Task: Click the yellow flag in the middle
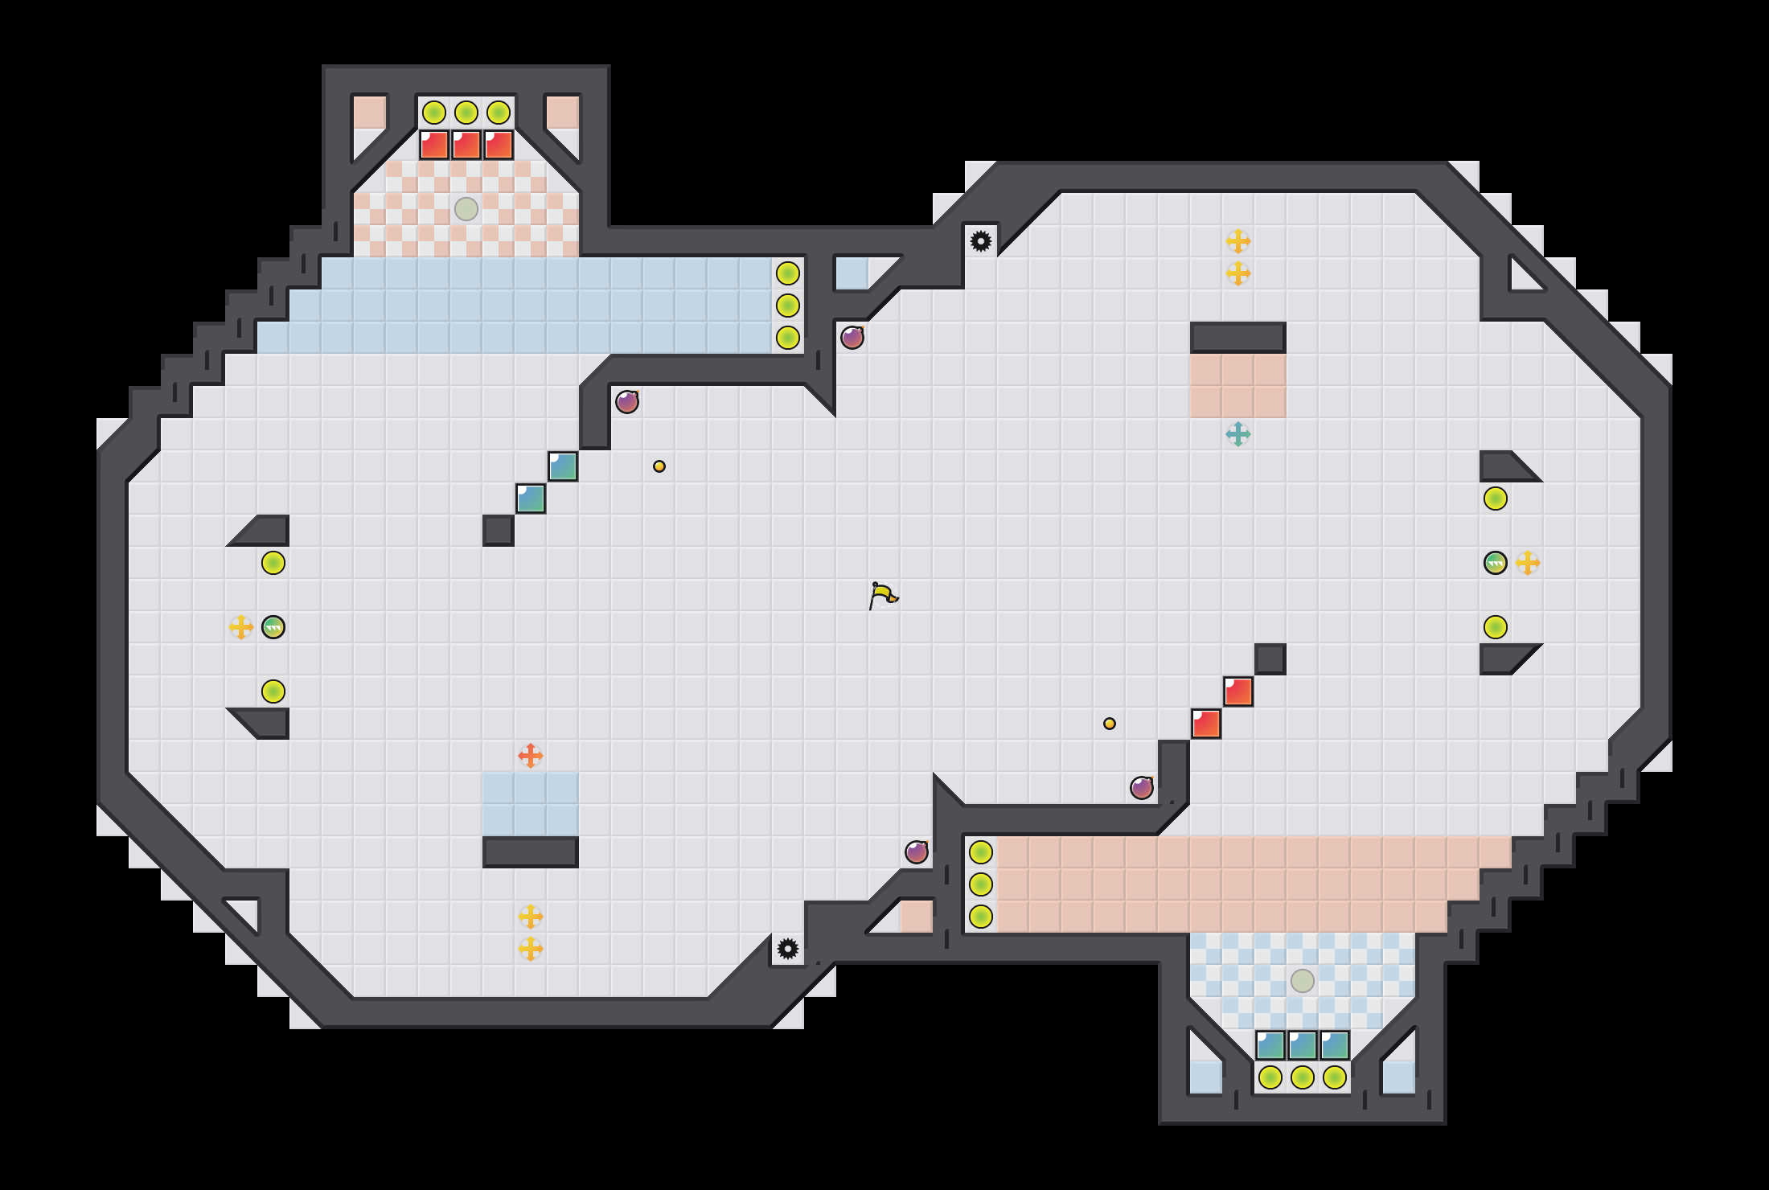tap(882, 596)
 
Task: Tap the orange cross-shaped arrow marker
tap(531, 756)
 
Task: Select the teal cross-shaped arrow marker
tap(1238, 434)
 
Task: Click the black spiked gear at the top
tap(981, 241)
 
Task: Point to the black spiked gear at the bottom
tap(788, 949)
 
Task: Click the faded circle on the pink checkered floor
tap(466, 209)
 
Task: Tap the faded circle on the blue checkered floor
tap(1303, 981)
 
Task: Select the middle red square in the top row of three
tap(466, 145)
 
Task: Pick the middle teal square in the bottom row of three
tap(1303, 1045)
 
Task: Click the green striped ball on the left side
tap(273, 627)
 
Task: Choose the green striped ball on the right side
tap(1496, 563)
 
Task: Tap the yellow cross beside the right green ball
tap(1528, 563)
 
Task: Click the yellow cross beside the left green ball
tap(241, 627)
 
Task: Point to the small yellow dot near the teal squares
tap(659, 466)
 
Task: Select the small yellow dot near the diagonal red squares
tap(1110, 724)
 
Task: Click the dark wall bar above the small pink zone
tap(1238, 338)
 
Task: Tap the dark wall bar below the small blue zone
tap(531, 852)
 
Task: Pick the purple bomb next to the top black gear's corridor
tap(852, 338)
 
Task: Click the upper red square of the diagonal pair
tap(1238, 691)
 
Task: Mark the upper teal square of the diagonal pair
tap(563, 466)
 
